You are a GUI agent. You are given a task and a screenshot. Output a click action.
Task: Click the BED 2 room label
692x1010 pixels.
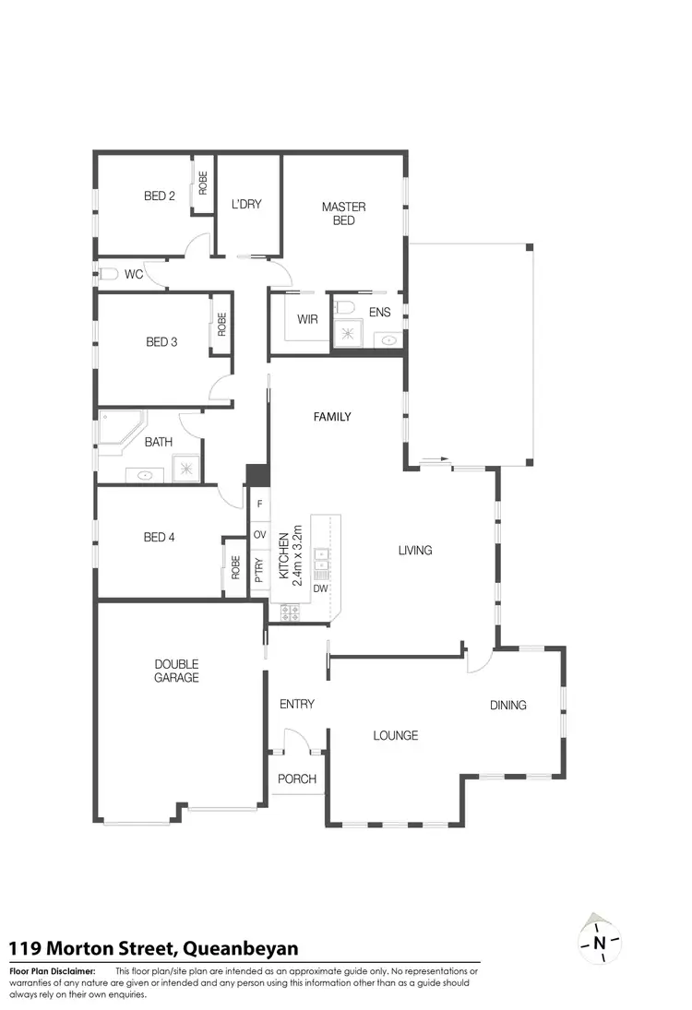(x=160, y=196)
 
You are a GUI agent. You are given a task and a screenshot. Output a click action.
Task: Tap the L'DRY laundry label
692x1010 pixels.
(x=246, y=204)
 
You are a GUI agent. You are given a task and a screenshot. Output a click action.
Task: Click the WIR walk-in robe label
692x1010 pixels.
(x=307, y=319)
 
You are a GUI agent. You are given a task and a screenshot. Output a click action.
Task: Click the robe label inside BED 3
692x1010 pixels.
(x=222, y=324)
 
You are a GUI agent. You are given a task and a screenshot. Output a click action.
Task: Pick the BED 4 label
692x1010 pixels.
(x=160, y=537)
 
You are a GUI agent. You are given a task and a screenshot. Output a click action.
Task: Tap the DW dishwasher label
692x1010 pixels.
(x=321, y=588)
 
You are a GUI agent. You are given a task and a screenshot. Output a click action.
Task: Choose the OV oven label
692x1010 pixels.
(x=259, y=535)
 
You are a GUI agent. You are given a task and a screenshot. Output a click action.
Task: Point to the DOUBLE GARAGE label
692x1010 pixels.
(x=176, y=671)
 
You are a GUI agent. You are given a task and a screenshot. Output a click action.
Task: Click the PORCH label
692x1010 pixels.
(x=297, y=778)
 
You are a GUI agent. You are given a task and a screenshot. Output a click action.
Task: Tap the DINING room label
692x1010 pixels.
(x=507, y=705)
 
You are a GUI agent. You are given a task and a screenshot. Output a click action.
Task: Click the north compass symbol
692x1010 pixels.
(x=599, y=942)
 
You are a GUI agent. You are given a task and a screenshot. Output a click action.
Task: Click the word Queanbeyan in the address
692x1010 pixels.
(x=240, y=948)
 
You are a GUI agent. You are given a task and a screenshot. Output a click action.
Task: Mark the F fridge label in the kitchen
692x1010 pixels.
(x=259, y=505)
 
